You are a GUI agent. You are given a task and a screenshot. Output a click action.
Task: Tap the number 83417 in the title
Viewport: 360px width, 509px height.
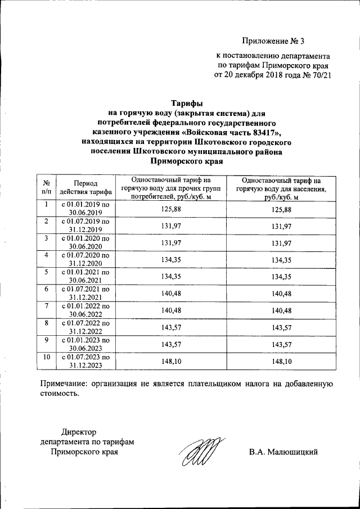(265, 132)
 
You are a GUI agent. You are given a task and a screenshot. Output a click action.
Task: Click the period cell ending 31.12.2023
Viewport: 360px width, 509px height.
(85, 362)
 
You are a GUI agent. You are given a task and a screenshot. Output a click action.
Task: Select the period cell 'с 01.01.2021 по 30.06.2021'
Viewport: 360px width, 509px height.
(85, 276)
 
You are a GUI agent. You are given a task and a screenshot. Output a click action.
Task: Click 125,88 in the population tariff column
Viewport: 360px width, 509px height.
(280, 210)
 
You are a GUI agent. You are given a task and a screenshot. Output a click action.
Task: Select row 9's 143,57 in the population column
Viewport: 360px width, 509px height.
(280, 345)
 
